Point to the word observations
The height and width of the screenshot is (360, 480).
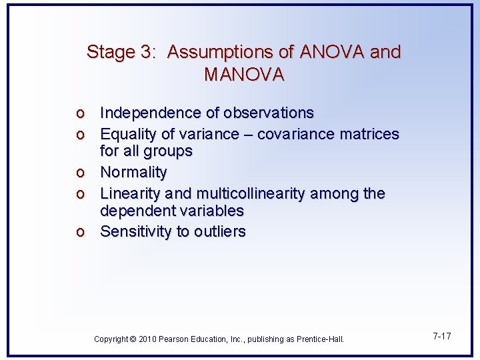269,113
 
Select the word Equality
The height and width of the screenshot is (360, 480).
127,134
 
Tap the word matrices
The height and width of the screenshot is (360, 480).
371,134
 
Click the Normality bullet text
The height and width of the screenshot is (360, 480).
133,172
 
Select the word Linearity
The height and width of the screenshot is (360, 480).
131,193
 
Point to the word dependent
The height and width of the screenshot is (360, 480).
133,211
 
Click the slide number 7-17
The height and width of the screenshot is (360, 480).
441,336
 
